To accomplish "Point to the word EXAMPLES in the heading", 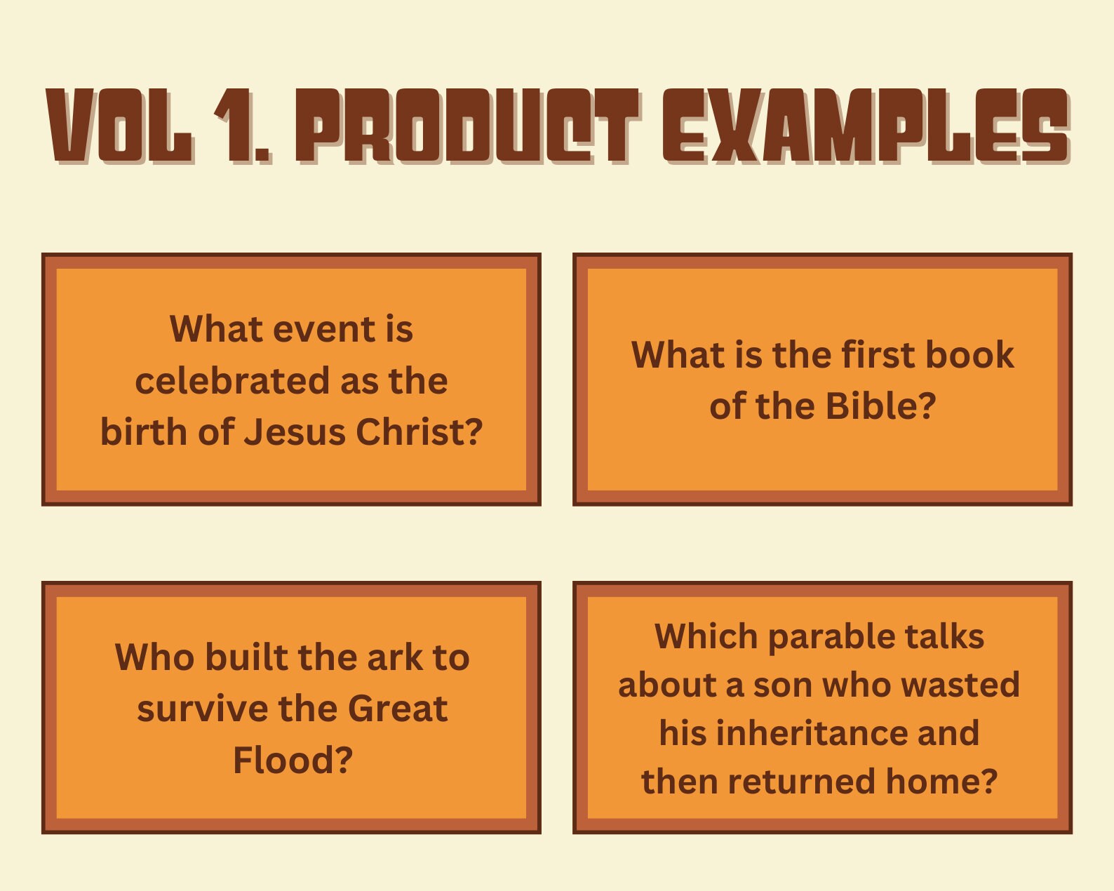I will coord(866,126).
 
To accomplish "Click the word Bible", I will coord(880,406).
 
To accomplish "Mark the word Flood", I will coord(293,761).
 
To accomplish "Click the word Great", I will coord(397,709).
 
